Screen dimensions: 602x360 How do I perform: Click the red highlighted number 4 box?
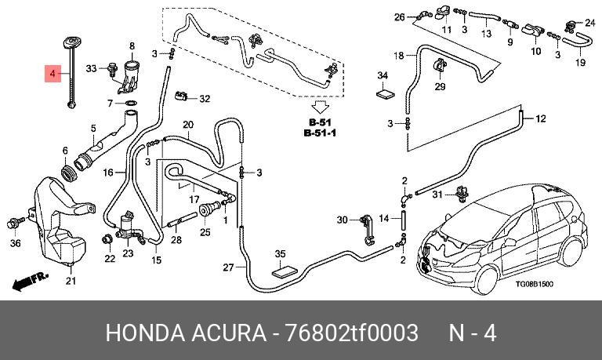coord(53,74)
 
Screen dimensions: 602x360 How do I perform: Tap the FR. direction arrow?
coord(30,282)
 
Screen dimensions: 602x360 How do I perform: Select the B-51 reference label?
coord(320,122)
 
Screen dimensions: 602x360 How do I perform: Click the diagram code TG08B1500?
coord(534,284)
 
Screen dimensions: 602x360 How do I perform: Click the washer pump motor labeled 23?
coord(127,227)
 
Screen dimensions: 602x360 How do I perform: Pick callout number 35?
coord(281,254)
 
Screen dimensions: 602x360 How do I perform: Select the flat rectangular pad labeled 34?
coord(385,94)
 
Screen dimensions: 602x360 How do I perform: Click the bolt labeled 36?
coord(15,223)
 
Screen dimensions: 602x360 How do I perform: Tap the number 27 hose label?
coord(228,267)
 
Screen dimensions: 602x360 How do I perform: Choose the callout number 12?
coord(540,118)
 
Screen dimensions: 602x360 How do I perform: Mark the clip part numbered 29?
coord(438,65)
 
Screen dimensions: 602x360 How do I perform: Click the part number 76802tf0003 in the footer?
coord(350,333)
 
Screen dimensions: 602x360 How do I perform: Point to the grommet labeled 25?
coord(206,210)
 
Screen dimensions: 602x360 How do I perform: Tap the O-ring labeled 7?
coord(131,104)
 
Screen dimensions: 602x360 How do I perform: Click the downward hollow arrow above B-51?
coord(320,107)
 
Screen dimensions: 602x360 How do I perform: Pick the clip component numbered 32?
coord(180,95)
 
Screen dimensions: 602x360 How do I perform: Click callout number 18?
coord(399,56)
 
